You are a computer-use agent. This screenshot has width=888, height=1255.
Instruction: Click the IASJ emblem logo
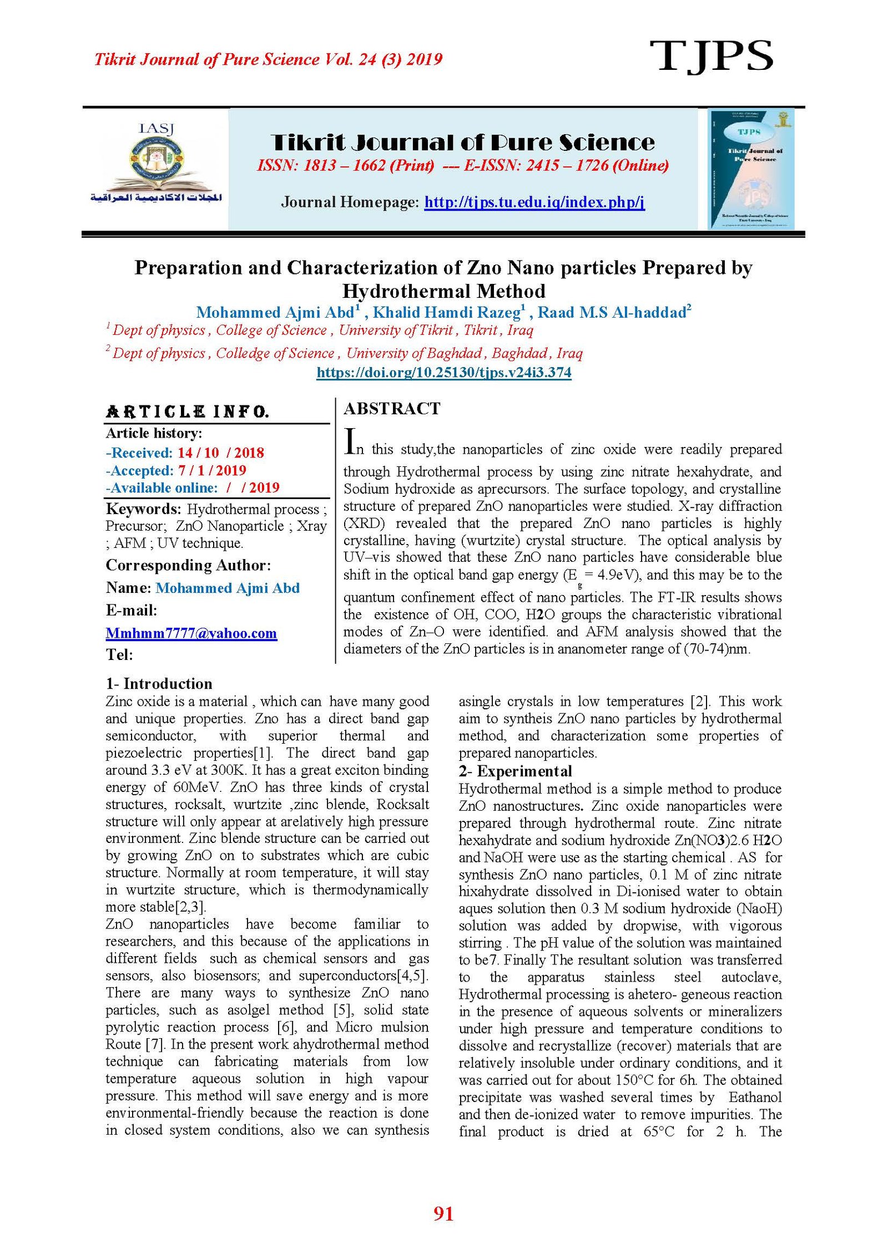click(157, 165)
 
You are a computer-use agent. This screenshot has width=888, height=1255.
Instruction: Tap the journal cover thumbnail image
click(751, 169)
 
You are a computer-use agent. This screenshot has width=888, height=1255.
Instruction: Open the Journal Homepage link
click(534, 202)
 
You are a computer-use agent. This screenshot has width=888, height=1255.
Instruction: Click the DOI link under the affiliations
click(443, 372)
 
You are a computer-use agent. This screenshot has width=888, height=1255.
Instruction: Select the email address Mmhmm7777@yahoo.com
click(191, 633)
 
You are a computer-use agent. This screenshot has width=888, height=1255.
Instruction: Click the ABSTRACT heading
click(392, 409)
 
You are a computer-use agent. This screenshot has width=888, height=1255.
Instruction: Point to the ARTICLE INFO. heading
click(188, 411)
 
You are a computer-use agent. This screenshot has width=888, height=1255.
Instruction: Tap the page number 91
click(443, 1214)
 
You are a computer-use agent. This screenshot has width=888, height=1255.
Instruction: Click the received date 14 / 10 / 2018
click(221, 453)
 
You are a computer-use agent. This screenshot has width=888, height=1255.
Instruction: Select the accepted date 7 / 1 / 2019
click(212, 470)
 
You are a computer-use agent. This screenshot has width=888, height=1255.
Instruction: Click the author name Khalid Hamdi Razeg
click(447, 313)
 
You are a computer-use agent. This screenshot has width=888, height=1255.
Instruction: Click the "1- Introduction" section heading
click(159, 683)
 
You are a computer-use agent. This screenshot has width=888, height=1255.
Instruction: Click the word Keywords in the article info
click(143, 509)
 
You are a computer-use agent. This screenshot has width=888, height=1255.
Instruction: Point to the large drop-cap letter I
click(350, 441)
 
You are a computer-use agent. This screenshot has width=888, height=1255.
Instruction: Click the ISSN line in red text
click(462, 165)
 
